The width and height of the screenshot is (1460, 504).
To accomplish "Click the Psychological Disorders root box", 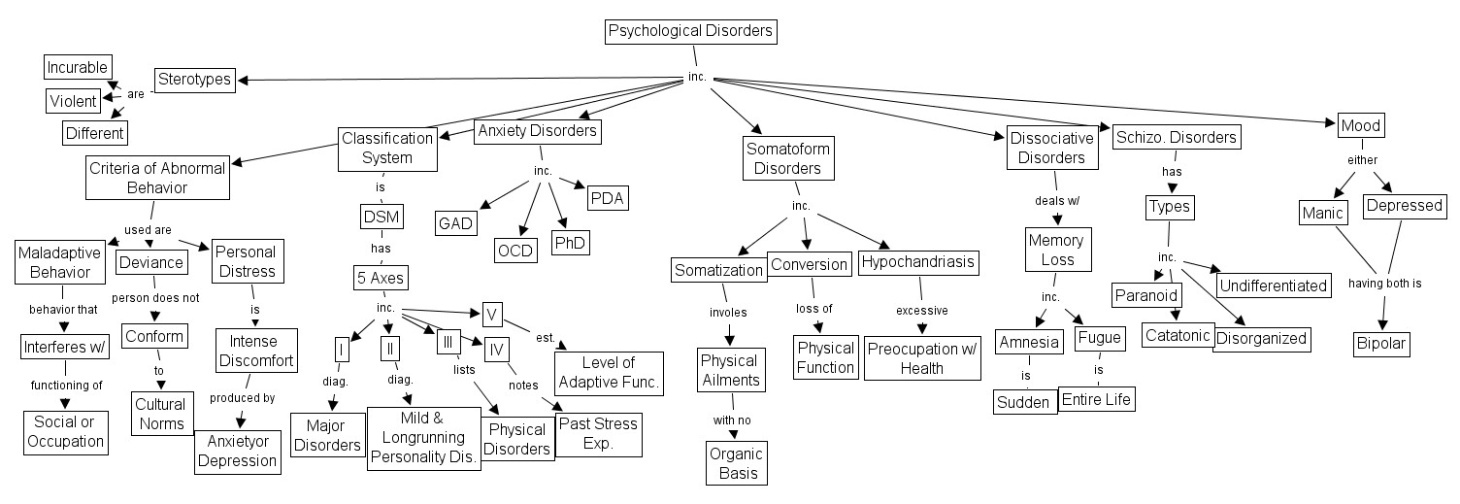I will coord(690,31).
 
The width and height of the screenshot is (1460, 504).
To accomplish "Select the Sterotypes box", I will coord(195,80).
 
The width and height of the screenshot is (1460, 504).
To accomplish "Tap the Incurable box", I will coord(78,67).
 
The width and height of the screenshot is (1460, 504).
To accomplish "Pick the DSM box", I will coord(381,217).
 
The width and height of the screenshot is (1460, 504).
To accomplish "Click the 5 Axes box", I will coord(380,279).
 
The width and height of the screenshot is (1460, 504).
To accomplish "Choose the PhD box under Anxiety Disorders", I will coord(571,242).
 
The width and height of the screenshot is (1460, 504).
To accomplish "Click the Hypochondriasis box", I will coord(917,262).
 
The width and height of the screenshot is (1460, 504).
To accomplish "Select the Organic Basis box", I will coord(736,464).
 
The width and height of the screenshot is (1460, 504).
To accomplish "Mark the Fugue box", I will coord(1099,339).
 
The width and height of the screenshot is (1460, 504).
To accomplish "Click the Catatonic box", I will coord(1176,336).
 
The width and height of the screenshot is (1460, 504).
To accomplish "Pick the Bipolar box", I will coord(1381,344).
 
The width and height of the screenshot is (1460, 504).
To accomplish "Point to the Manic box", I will coord(1322,212).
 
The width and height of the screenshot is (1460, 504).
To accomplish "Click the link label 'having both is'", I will coord(1384,285).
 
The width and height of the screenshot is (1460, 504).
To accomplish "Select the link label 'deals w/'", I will coord(1057,201).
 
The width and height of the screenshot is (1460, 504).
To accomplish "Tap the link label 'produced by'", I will coord(242,397).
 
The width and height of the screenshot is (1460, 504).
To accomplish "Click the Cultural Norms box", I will coord(159,412).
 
